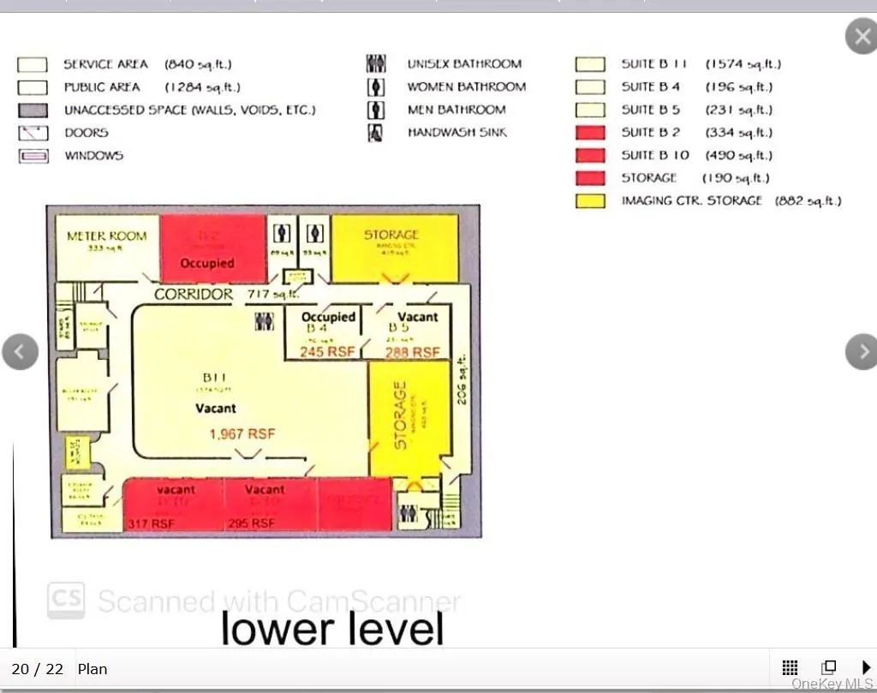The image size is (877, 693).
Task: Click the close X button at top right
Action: pyautogui.click(x=860, y=38)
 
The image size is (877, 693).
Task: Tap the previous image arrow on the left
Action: pyautogui.click(x=21, y=351)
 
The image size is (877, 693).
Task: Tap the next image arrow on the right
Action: pyautogui.click(x=862, y=351)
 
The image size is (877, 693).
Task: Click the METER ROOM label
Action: pyautogui.click(x=107, y=236)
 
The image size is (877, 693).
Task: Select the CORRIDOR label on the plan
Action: pyautogui.click(x=194, y=294)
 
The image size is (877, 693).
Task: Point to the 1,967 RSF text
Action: pyautogui.click(x=242, y=434)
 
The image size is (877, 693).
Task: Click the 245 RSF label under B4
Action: pyautogui.click(x=325, y=352)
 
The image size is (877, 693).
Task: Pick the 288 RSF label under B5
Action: pyautogui.click(x=413, y=352)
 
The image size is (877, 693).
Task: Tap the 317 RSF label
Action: pyautogui.click(x=151, y=523)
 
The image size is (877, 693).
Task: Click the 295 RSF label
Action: pyautogui.click(x=251, y=523)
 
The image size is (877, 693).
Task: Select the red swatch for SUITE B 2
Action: pyautogui.click(x=590, y=133)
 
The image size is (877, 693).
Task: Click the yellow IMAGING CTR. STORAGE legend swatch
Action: pyautogui.click(x=590, y=201)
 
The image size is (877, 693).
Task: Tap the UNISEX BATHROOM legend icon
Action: pyautogui.click(x=375, y=64)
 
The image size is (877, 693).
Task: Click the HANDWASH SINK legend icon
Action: pyautogui.click(x=375, y=133)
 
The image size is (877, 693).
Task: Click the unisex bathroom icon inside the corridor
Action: pyautogui.click(x=265, y=321)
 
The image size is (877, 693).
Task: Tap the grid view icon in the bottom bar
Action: pyautogui.click(x=790, y=668)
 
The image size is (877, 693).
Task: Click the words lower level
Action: pyautogui.click(x=332, y=628)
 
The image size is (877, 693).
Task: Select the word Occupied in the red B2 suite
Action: pyautogui.click(x=207, y=263)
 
